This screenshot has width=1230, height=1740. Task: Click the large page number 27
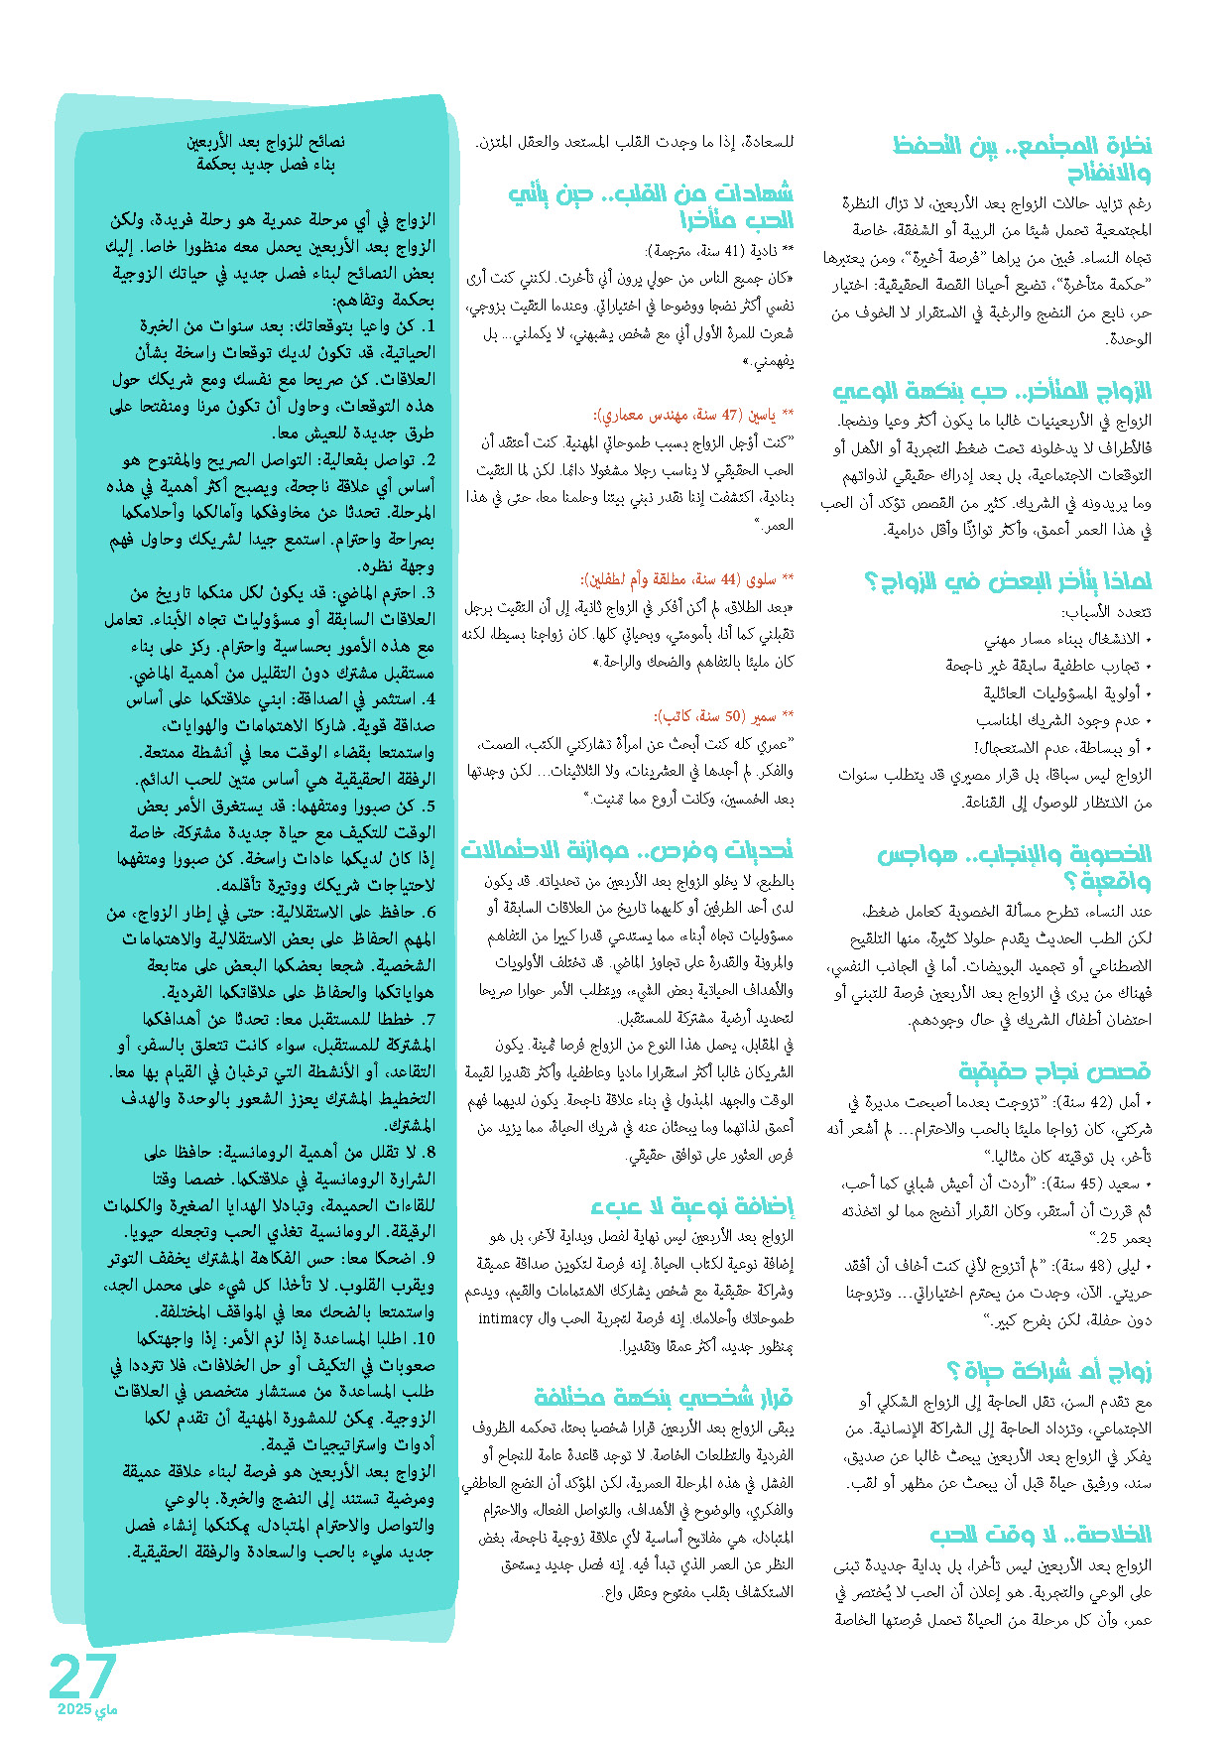point(83,1676)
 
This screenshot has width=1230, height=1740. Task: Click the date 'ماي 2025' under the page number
point(87,1709)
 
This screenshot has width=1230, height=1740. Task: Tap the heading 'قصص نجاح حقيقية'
point(1054,1070)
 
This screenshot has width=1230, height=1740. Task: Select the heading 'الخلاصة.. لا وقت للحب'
point(1041,1534)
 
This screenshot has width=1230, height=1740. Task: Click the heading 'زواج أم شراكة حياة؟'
point(1048,1371)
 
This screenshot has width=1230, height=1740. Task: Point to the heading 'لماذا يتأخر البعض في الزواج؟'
point(1008,580)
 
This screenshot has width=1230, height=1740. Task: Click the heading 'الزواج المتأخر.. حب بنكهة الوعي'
point(992,390)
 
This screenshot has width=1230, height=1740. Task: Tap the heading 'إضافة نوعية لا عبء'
point(692,1205)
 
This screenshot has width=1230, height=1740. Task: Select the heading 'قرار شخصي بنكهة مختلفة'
point(664,1397)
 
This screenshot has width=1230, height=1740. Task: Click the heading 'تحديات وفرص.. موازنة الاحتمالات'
point(627,849)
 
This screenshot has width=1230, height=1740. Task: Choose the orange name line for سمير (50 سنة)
point(723,715)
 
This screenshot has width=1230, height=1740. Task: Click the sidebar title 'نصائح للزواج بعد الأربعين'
point(266,142)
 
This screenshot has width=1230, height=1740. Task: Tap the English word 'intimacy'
point(506,1318)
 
